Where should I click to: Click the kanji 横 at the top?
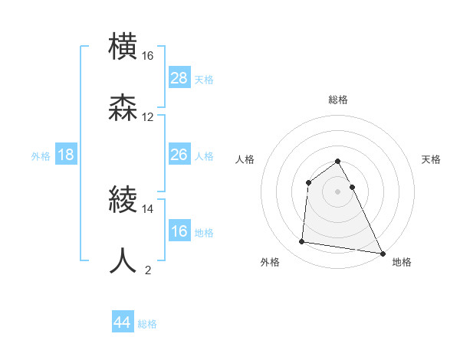pyautogui.click(x=123, y=46)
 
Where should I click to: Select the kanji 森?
pyautogui.click(x=123, y=107)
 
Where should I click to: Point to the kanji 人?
pyautogui.click(x=123, y=260)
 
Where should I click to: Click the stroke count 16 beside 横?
pyautogui.click(x=148, y=56)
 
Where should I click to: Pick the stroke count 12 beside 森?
pyautogui.click(x=148, y=117)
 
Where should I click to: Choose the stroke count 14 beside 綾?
pyautogui.click(x=148, y=208)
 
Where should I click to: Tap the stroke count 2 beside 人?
pyautogui.click(x=148, y=270)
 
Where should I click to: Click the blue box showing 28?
pyautogui.click(x=179, y=78)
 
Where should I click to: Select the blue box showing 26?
pyautogui.click(x=179, y=155)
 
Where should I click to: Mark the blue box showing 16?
pyautogui.click(x=179, y=231)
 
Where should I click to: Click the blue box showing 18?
pyautogui.click(x=66, y=155)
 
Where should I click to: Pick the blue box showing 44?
pyautogui.click(x=122, y=322)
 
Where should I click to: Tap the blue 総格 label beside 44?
pyautogui.click(x=147, y=324)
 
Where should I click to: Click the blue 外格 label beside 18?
pyautogui.click(x=41, y=156)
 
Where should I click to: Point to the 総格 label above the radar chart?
pyautogui.click(x=337, y=100)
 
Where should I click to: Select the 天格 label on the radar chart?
pyautogui.click(x=431, y=159)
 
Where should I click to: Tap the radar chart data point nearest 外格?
pyautogui.click(x=302, y=242)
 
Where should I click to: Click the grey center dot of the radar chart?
pyautogui.click(x=337, y=191)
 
